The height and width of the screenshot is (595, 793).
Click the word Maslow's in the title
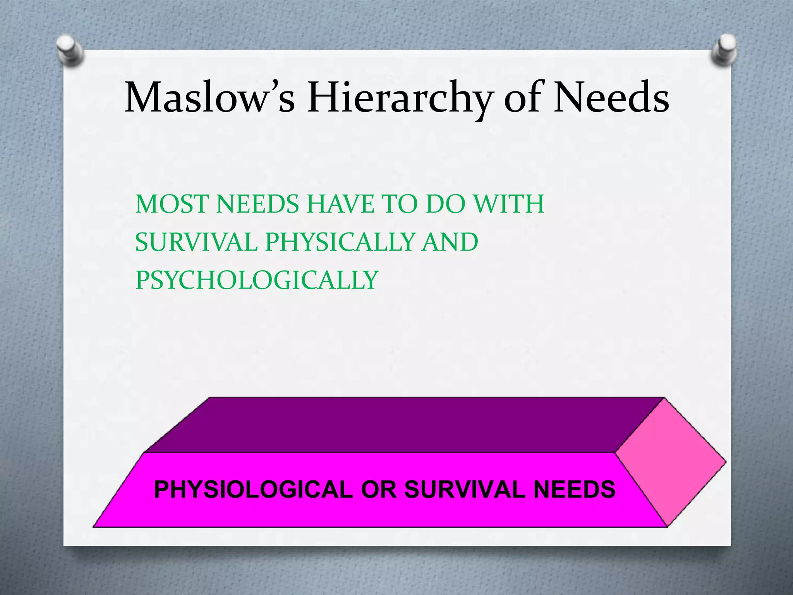coord(209,98)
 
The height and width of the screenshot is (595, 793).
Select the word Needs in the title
coord(611,98)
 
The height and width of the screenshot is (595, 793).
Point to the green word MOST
coord(172,204)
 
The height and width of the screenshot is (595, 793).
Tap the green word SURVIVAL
coord(196,242)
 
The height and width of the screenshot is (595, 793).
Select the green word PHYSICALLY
coord(340,242)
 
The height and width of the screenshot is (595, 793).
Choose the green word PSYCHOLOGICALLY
coord(256,280)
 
